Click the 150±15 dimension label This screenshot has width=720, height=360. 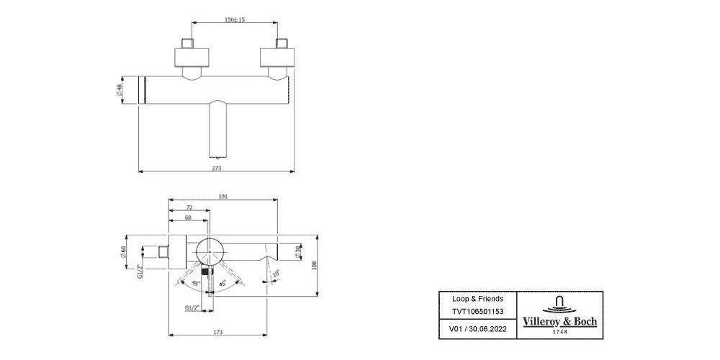point(234,20)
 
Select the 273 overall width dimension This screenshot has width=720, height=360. point(216,168)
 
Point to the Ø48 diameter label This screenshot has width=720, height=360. point(118,91)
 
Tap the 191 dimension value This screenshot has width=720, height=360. point(223,195)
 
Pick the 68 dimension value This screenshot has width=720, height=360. point(187,217)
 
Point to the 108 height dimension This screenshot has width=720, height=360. point(315,264)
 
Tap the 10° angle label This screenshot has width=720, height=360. point(276,274)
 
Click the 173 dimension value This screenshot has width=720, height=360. point(217,332)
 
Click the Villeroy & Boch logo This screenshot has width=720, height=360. point(559,314)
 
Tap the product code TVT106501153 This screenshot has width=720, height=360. point(477,311)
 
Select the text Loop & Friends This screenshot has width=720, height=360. point(477,298)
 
